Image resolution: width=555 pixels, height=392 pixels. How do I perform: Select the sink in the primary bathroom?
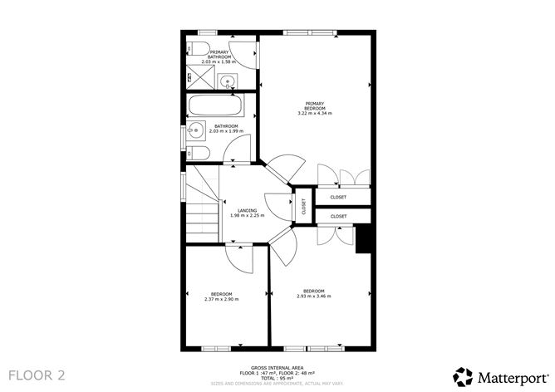228,81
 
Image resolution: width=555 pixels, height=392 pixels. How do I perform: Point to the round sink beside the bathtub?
194,130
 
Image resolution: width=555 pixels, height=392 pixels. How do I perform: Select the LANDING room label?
247,210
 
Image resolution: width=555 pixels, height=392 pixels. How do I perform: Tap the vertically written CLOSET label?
303,207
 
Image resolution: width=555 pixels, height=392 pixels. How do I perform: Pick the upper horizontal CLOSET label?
338,197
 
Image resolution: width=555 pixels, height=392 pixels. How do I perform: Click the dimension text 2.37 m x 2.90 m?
221,299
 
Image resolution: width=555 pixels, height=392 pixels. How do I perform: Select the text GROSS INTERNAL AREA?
277,367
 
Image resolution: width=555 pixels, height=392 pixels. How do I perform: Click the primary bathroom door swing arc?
244,51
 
